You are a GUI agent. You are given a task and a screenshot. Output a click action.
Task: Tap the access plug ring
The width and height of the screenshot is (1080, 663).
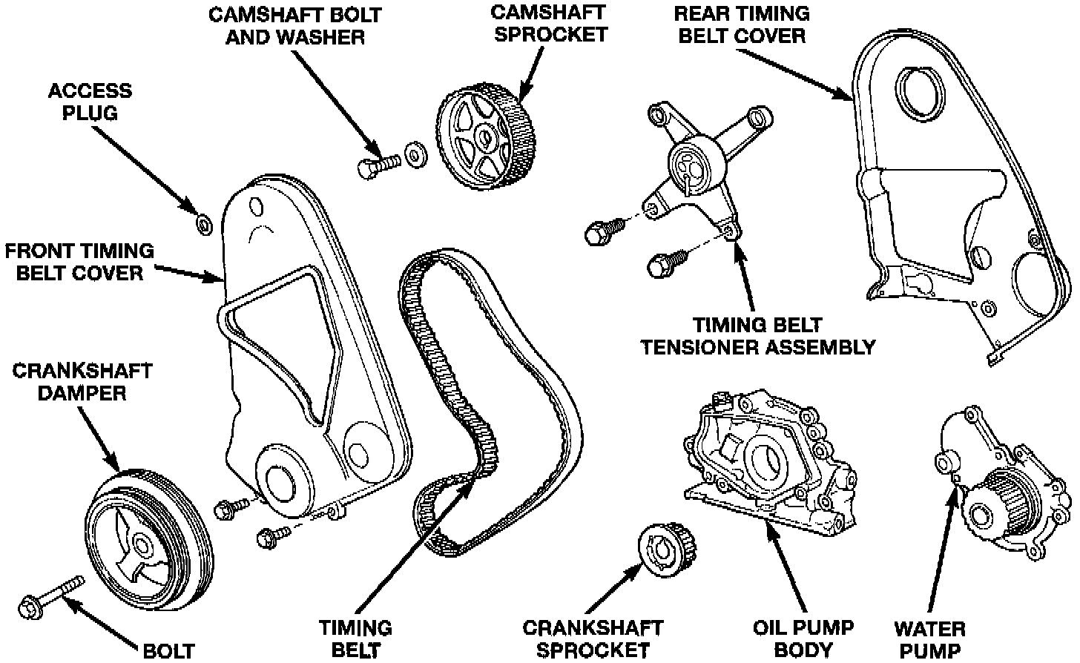click(202, 222)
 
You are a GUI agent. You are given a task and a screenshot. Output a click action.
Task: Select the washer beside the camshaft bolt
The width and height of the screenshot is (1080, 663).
click(412, 156)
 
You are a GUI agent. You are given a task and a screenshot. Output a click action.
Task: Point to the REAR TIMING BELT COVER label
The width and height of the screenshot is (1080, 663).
click(740, 24)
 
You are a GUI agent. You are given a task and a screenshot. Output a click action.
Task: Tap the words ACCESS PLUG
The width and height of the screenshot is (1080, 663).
click(90, 102)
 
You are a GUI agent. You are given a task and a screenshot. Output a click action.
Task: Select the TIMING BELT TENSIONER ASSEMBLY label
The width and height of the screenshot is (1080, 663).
click(757, 336)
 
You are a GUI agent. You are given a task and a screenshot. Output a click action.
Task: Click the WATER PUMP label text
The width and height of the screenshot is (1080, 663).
click(929, 639)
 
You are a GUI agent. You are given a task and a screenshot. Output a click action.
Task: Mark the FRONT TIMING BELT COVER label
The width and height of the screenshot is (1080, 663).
click(79, 262)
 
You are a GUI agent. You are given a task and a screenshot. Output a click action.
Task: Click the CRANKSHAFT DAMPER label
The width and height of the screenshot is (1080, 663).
click(82, 381)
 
